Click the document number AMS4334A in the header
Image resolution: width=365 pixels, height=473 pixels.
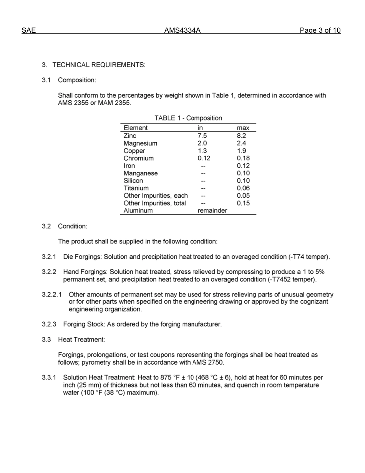[182, 31]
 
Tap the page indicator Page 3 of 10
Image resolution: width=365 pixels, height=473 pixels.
[320, 31]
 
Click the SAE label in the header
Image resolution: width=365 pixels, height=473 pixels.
[29, 31]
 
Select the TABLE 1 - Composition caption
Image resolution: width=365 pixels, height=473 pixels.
[188, 118]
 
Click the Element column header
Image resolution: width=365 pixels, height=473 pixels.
[135, 128]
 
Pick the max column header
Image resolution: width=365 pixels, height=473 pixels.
[243, 128]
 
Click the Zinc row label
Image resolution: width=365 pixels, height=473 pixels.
[130, 136]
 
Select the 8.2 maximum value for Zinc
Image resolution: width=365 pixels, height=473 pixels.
[242, 136]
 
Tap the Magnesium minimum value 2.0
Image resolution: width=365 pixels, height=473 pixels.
[202, 143]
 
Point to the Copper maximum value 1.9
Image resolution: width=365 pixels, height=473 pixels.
[242, 151]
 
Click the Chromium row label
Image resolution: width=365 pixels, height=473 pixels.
[138, 158]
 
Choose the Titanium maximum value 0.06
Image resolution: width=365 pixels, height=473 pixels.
[243, 188]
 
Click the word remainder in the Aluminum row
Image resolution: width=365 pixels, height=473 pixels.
[212, 211]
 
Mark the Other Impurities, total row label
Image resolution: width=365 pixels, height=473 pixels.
[154, 203]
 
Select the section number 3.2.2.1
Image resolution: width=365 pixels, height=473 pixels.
[52, 295]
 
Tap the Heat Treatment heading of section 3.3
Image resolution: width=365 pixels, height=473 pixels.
[81, 340]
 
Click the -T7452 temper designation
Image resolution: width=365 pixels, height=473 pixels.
[294, 279]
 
